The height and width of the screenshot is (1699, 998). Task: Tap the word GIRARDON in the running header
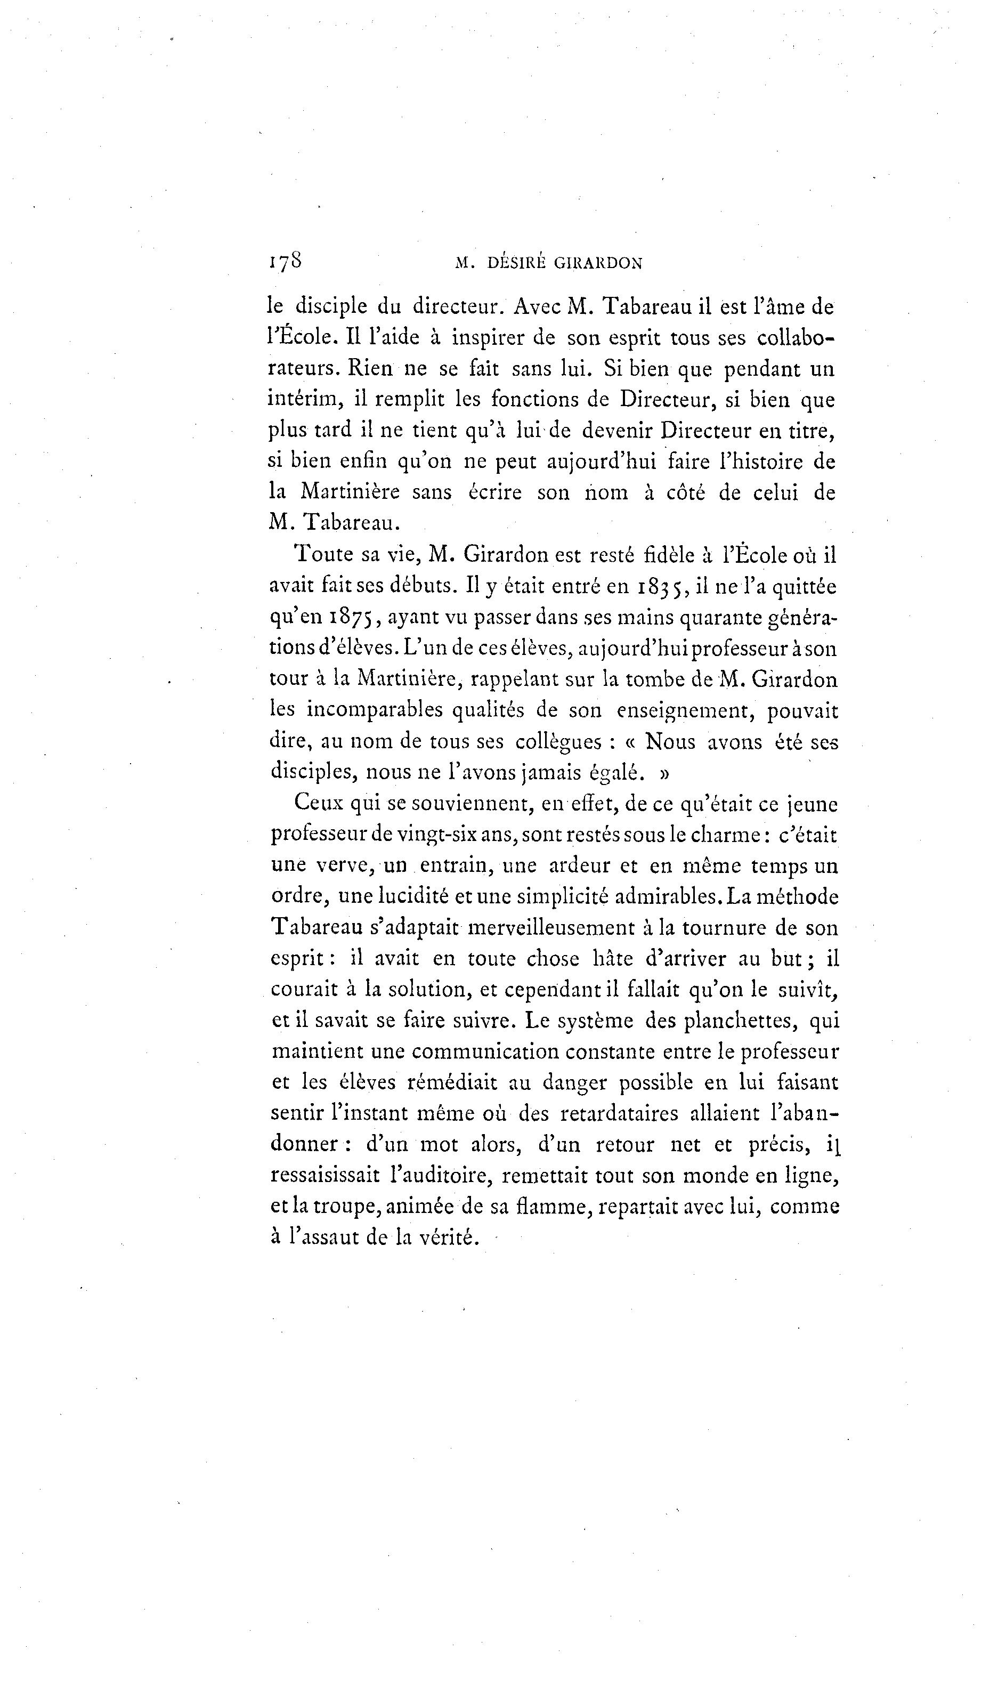click(598, 264)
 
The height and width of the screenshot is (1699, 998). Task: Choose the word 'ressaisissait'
click(325, 1176)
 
